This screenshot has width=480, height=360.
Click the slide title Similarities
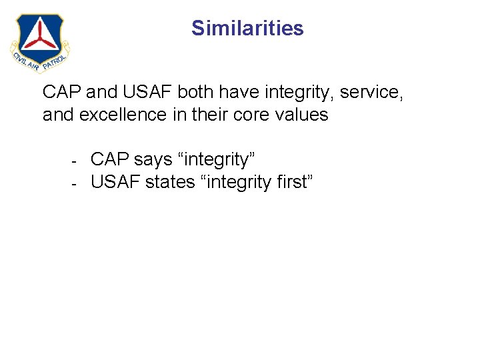point(247,28)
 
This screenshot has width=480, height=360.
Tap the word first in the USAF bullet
point(287,181)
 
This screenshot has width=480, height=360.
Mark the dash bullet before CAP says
point(75,161)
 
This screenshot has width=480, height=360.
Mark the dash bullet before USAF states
point(75,182)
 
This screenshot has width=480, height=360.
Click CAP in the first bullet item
point(109,160)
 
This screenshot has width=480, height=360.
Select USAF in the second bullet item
point(115,181)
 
